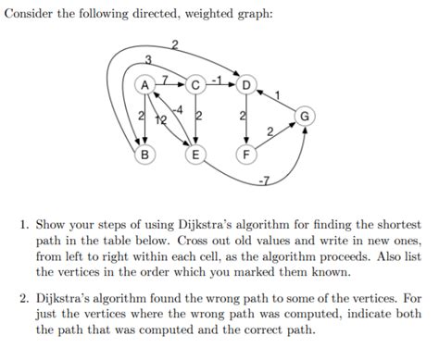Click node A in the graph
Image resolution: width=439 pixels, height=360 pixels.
144,86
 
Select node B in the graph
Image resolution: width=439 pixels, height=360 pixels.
144,155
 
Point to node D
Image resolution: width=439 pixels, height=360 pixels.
245,86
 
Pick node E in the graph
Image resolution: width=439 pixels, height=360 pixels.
195,155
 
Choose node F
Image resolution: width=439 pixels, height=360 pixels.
245,155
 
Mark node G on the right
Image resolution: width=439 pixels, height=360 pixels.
305,117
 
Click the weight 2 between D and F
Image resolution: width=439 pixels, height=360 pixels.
240,118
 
